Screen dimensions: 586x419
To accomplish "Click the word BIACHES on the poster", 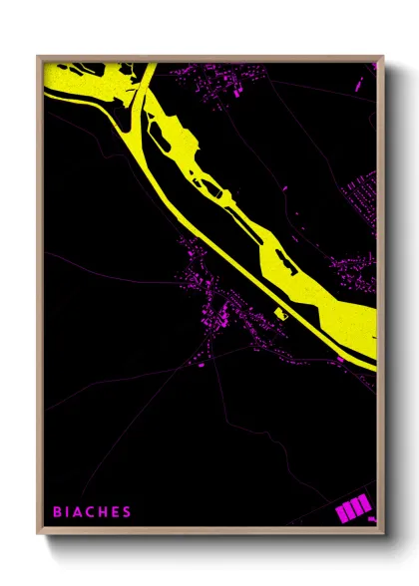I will (x=92, y=512).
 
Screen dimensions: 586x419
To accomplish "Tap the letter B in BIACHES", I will (x=57, y=512).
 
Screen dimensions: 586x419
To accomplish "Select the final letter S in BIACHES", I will (x=127, y=512).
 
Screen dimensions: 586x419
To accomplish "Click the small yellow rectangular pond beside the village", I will (x=280, y=313).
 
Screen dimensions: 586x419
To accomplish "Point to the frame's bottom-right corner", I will (x=382, y=533).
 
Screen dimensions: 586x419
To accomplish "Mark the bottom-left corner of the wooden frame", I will (x=39, y=533).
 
